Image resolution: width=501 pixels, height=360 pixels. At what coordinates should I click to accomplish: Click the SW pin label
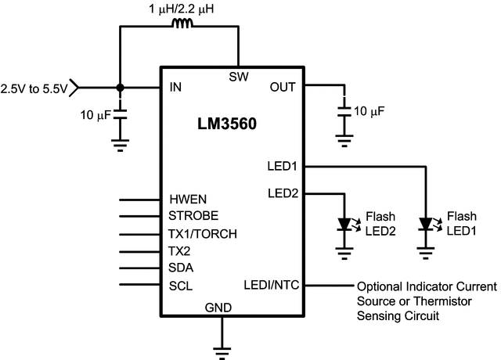[x=238, y=77]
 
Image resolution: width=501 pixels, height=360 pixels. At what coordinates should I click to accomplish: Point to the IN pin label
[x=175, y=87]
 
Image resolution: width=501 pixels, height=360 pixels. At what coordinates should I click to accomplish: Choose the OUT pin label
[x=283, y=87]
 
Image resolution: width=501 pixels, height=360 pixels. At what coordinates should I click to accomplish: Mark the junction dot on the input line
[x=119, y=87]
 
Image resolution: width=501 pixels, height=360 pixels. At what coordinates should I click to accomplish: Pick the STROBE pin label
[x=193, y=215]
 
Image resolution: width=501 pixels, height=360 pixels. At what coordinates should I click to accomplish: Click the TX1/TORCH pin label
[x=203, y=233]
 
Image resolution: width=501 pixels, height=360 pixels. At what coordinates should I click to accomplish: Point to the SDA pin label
[x=182, y=267]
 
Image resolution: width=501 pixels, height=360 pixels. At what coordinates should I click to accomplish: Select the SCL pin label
[x=181, y=285]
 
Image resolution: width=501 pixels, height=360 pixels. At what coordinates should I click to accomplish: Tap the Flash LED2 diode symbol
[x=344, y=224]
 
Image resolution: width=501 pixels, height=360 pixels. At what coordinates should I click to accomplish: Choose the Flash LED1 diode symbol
[x=425, y=224]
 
